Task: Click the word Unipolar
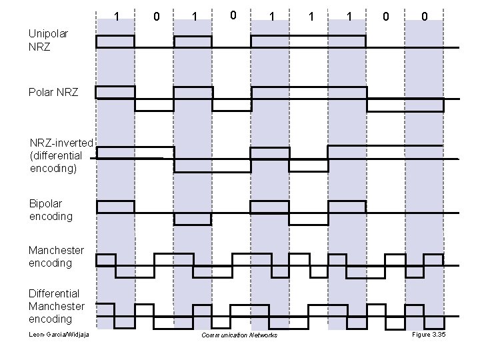47,33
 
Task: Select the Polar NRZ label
53,92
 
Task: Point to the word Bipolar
47,203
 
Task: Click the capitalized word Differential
54,293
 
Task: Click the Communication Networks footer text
239,335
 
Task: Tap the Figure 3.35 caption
429,334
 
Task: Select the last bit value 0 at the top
424,15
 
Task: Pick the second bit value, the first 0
155,15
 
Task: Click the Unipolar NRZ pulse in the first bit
115,41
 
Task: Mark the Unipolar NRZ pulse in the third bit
193,41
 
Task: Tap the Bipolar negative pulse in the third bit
193,219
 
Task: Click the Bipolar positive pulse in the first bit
115,206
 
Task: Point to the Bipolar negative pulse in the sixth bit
309,219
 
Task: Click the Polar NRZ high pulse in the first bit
115,92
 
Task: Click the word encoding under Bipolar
51,217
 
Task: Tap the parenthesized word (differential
57,155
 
